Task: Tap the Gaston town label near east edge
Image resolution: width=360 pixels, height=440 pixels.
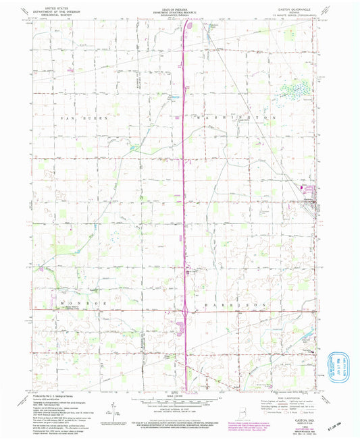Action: coord(308,198)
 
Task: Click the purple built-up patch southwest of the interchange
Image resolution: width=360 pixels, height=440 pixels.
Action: coord(179,329)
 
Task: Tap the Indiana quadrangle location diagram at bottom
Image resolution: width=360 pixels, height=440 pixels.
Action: coord(241,408)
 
